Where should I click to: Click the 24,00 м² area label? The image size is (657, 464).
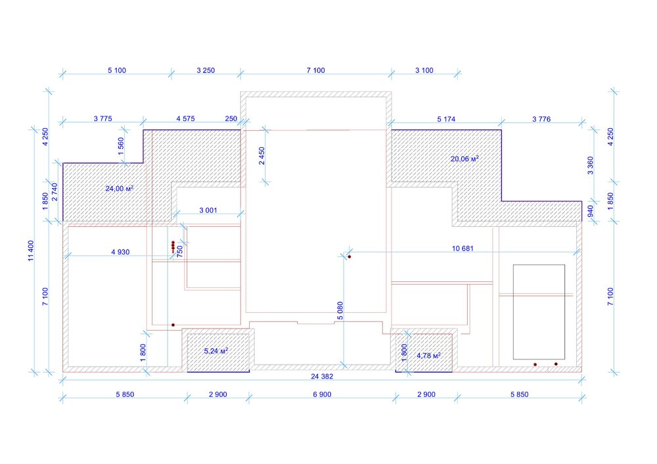coord(120,189)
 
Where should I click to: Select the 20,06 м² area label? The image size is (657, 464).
coord(464,159)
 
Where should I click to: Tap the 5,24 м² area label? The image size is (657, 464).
coord(216,351)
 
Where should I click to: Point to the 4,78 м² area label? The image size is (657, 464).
coord(428,356)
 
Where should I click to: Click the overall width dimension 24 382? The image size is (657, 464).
coord(322,377)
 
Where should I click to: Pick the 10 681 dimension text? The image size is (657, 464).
coord(463,248)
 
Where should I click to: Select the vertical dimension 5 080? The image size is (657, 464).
coord(340,311)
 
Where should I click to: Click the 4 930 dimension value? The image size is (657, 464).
coord(120,252)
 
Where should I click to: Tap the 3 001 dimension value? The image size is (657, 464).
coord(208,210)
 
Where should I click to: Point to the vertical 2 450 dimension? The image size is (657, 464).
coord(262,156)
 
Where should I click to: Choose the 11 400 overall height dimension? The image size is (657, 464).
coord(31,250)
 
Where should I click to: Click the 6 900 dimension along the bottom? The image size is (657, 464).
coord(322,394)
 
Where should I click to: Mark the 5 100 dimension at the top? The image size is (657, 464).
coord(117,70)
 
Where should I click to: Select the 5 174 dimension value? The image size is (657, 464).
coord(446,119)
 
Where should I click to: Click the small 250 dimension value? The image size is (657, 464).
coord(231,118)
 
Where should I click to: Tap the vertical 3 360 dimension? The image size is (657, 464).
coord(591,165)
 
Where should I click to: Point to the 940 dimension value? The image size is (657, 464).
coord(591,211)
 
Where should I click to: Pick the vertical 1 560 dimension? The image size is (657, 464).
coord(121,147)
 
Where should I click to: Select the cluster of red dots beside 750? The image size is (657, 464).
coord(173,246)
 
